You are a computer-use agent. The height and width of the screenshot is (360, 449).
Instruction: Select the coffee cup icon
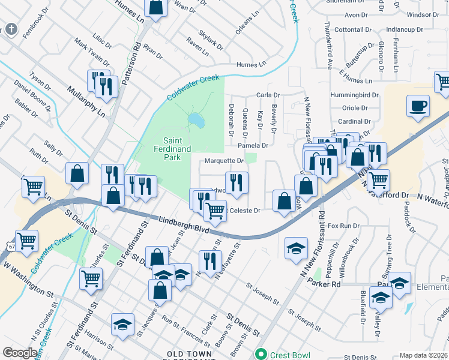(418, 107)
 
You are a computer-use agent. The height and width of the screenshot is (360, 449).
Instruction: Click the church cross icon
(11, 29)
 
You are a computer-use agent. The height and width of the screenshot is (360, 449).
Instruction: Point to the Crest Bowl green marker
(261, 353)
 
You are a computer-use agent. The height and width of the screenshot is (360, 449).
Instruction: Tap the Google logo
(20, 353)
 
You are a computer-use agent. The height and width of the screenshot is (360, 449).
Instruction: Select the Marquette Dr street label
(224, 161)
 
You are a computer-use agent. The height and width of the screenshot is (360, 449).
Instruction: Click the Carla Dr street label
(268, 95)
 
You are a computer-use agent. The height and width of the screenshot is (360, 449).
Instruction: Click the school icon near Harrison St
(122, 324)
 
